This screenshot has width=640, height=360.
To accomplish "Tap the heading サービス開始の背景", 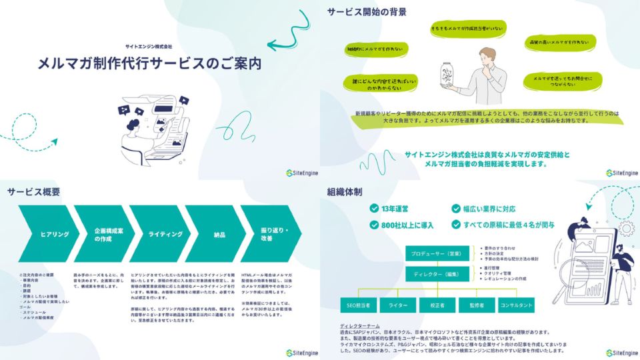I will click(367, 11).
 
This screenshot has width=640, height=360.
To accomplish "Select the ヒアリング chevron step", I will click(51, 234).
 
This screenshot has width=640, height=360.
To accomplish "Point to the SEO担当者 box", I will click(359, 305).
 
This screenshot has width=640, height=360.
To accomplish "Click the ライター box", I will click(399, 305).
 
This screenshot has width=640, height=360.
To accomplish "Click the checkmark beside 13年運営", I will click(374, 208).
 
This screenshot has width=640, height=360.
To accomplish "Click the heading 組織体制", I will click(345, 192).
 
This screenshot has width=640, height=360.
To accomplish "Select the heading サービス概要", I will click(34, 192).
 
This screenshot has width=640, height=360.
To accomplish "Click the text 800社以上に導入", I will click(408, 225).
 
